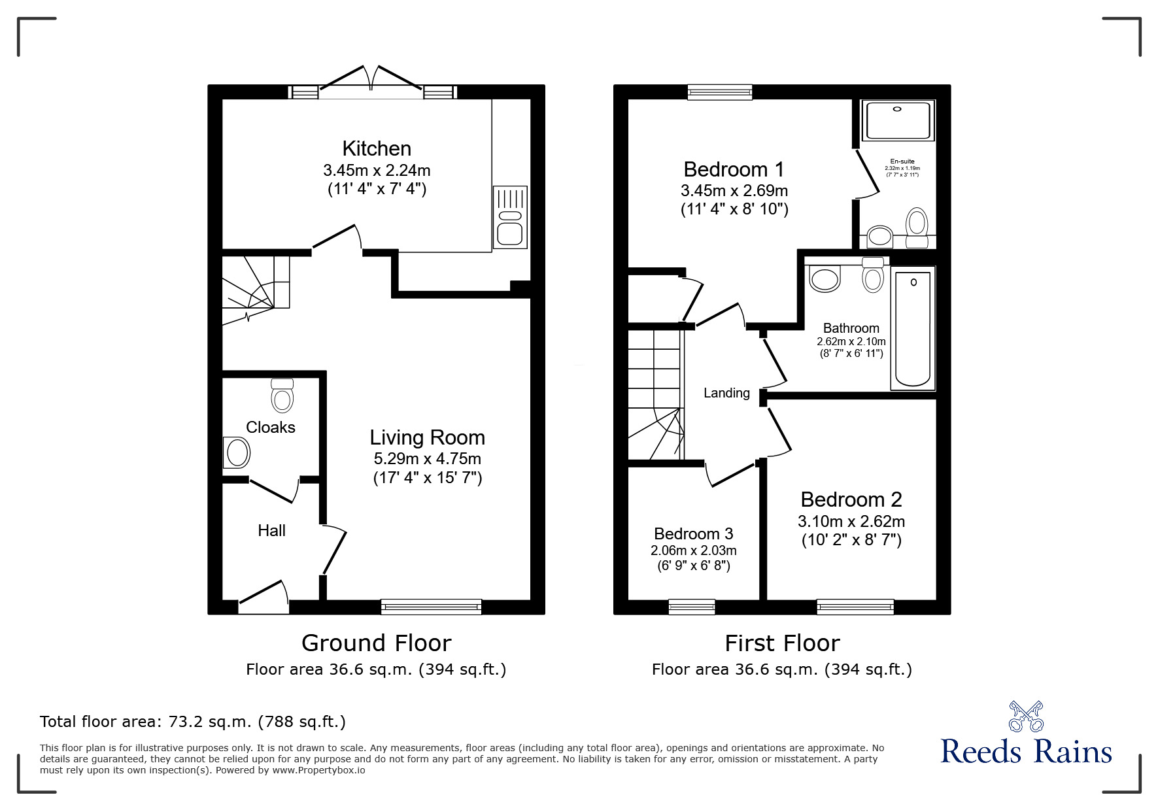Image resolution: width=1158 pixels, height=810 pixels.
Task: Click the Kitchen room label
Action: coord(377,148)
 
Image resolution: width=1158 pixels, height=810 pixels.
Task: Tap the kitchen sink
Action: coord(510,217)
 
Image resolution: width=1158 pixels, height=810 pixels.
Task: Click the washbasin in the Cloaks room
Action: coord(236,452)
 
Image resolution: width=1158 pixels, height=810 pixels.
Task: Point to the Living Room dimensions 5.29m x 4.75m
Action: coord(427,458)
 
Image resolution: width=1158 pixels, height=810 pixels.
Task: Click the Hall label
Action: coord(271,530)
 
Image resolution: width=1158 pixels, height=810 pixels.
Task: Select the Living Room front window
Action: coord(431,607)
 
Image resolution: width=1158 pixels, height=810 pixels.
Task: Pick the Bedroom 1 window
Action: coord(720,92)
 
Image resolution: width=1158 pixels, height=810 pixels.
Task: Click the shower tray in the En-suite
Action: coord(898,120)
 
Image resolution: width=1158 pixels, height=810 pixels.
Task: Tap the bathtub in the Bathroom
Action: coord(913,329)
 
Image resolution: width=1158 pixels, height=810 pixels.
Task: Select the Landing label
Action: coord(726,393)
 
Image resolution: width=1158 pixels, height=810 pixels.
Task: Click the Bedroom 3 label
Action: coord(693,533)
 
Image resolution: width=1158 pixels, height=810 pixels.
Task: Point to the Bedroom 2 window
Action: coord(855,607)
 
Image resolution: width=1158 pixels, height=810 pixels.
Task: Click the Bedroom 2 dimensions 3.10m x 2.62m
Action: coord(851,522)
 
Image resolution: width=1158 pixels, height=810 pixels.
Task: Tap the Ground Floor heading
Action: coord(376,643)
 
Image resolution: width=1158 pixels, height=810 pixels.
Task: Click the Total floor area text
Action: coord(193,722)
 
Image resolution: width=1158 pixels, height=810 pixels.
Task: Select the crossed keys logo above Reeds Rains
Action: coord(1025,717)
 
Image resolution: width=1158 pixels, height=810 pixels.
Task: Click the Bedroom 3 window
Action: coord(692,607)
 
